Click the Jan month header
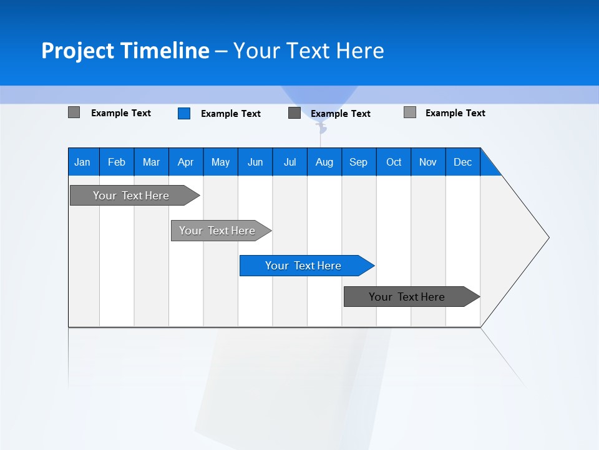tap(83, 162)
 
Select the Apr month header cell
tap(186, 162)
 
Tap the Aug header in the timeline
tap(324, 162)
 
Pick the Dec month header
tap(462, 162)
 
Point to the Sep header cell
tap(358, 162)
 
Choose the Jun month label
tap(255, 162)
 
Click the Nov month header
tap(428, 162)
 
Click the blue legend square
tap(184, 113)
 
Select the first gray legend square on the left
tap(74, 112)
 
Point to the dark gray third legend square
tap(295, 113)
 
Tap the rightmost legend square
tap(410, 112)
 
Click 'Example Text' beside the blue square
tap(230, 114)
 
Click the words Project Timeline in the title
tap(125, 51)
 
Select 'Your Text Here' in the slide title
tap(308, 51)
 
